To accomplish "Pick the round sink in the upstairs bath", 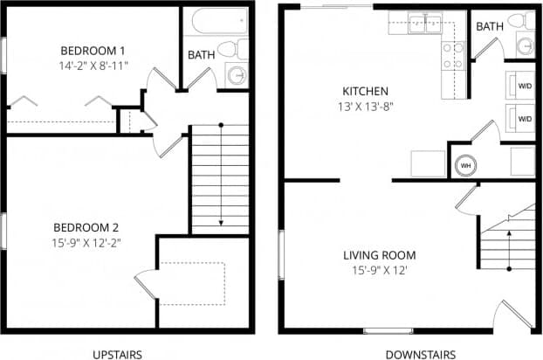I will coord(237,75).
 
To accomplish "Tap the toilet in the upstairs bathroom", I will coord(230,49).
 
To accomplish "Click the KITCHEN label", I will coord(365,92).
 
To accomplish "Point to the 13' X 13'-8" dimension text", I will coord(365,107).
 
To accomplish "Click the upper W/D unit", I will coord(524,87).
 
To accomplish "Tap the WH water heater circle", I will coord(464,163).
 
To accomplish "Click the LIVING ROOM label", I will coord(379,255).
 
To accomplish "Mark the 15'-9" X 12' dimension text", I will coord(379,270).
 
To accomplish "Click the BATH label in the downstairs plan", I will coord(489,27).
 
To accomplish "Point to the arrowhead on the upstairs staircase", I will coord(220,225).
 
